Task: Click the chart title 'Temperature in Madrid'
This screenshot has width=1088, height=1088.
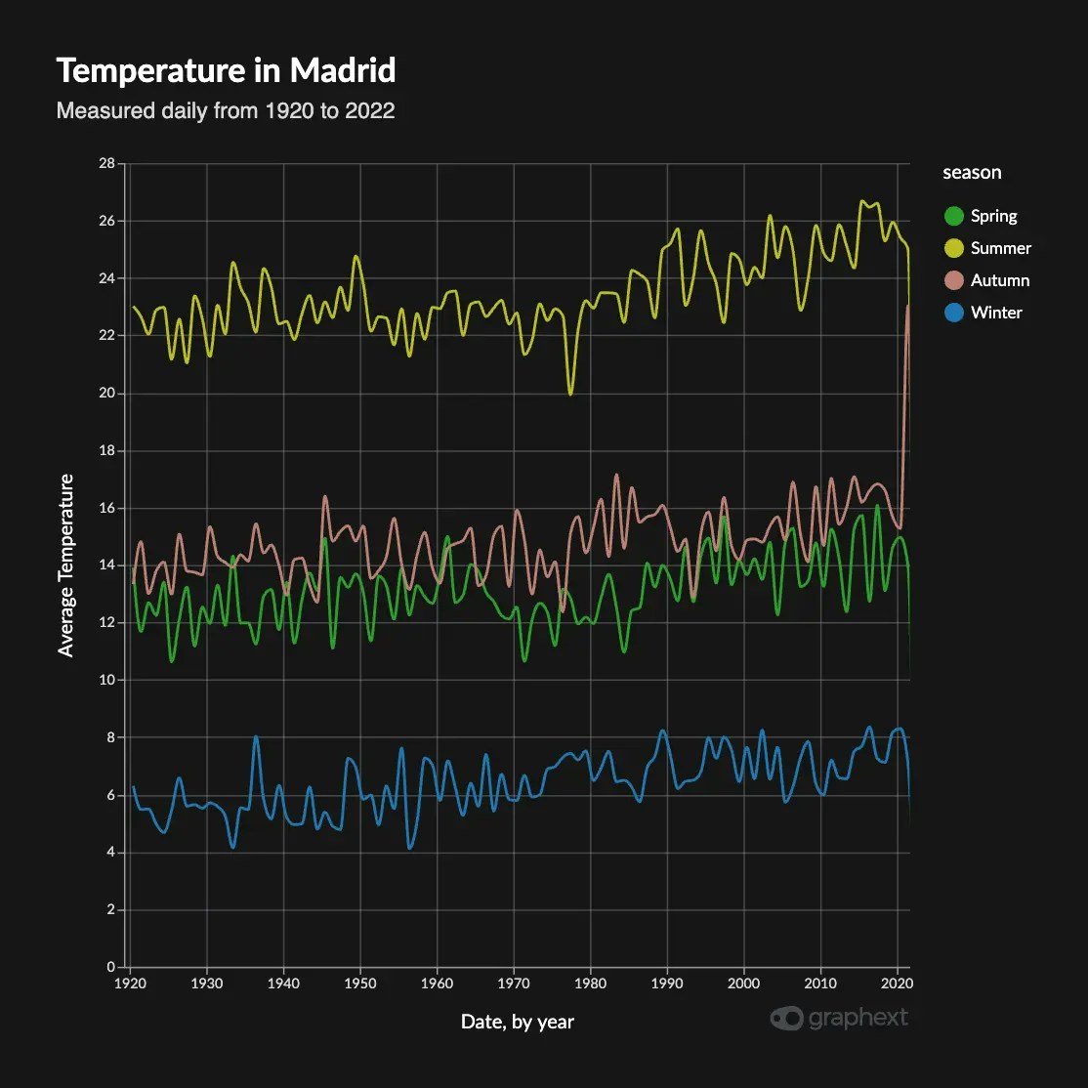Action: (226, 71)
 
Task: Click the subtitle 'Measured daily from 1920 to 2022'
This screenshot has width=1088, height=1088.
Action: (226, 110)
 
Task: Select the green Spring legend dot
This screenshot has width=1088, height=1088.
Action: (954, 216)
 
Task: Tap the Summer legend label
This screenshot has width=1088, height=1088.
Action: (1000, 248)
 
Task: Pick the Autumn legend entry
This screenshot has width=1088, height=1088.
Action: (999, 280)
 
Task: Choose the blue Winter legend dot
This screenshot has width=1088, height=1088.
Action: (954, 313)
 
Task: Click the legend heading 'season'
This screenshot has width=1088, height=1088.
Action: (972, 173)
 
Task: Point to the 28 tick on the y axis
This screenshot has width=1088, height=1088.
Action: (105, 163)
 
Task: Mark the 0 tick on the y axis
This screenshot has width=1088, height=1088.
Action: (110, 967)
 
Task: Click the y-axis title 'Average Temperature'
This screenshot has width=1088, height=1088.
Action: (66, 565)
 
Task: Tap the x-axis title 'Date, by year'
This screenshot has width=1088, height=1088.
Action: (518, 1022)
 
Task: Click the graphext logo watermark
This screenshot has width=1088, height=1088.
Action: (839, 1018)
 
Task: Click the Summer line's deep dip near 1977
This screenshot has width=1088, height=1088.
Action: (570, 394)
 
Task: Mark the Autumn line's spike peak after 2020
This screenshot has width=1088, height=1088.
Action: (907, 307)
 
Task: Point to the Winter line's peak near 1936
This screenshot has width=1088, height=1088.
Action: (256, 737)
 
